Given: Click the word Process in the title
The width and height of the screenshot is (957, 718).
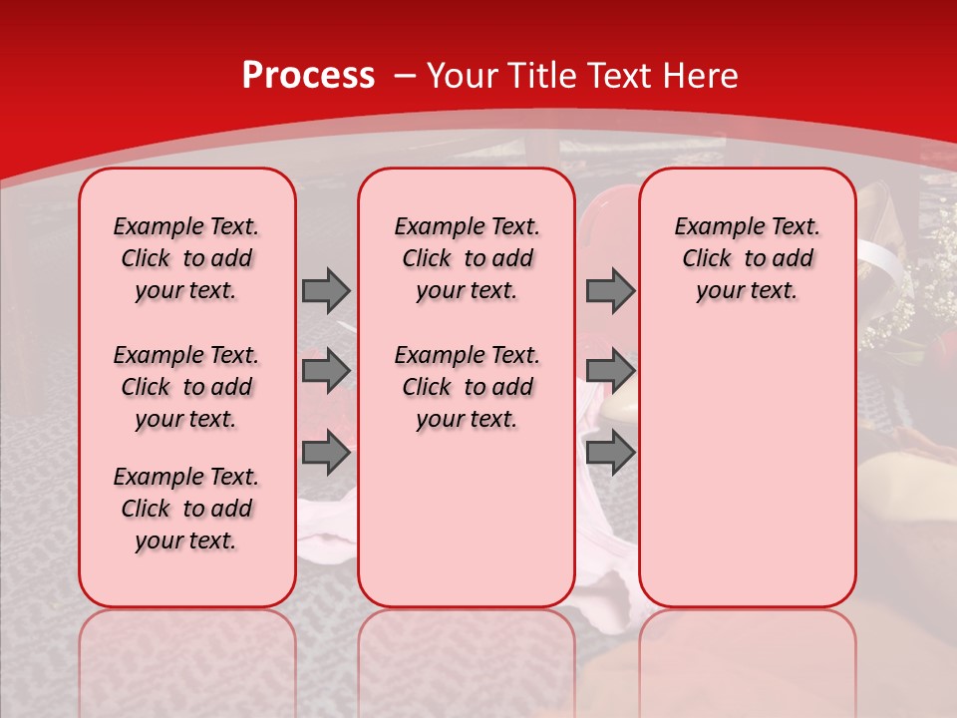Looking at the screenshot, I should (308, 76).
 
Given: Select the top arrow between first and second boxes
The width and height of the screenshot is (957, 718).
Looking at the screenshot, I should (326, 290).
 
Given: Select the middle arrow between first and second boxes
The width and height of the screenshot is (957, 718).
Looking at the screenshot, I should (326, 371).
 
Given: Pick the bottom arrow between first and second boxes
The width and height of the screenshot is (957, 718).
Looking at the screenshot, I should (326, 453).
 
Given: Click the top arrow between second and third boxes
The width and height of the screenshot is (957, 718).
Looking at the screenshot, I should (610, 290).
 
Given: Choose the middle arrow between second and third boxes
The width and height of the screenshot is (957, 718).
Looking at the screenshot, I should (610, 371).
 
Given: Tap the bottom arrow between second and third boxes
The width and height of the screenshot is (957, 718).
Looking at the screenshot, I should (610, 453).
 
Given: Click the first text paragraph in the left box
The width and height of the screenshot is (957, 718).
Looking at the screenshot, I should (186, 258).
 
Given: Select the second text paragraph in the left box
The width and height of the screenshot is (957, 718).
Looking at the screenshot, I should (186, 387).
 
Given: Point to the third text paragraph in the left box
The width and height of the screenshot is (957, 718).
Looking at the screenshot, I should (186, 509).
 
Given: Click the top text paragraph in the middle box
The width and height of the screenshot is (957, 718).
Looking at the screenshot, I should (467, 258).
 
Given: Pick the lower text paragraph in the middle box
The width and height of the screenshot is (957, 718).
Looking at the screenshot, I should (467, 387).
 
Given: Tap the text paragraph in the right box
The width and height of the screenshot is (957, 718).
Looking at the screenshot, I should (747, 258).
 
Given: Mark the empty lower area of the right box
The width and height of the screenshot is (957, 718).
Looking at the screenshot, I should (747, 469).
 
